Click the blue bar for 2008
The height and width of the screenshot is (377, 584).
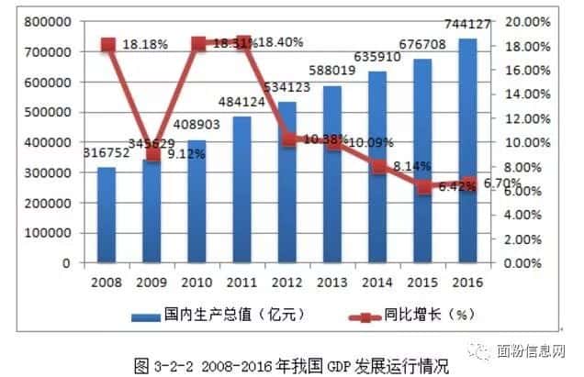[x=107, y=215]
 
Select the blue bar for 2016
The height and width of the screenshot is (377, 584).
[x=468, y=151]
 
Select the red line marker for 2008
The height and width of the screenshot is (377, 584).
[x=107, y=45]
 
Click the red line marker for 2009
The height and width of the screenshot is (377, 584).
[x=152, y=153]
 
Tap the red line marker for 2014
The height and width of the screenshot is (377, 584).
[x=379, y=167]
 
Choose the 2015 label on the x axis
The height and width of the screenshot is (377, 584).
[x=423, y=279]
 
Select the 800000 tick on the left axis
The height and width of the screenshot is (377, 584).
[x=47, y=21]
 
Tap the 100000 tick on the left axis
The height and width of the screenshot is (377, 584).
[x=47, y=233]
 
